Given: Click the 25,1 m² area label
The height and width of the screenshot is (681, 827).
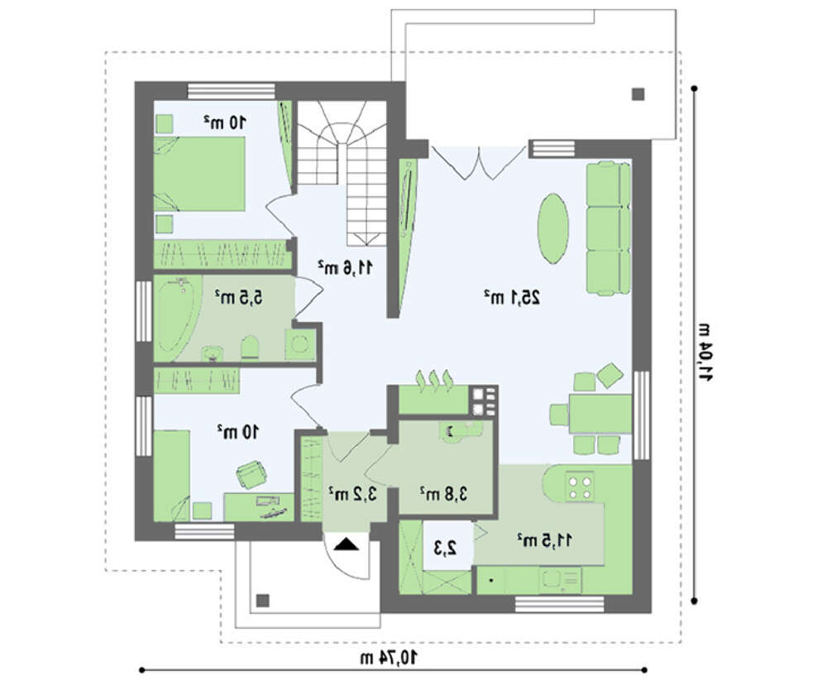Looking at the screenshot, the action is tap(512, 298).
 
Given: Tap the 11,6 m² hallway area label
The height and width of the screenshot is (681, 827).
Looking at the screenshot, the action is tap(345, 267).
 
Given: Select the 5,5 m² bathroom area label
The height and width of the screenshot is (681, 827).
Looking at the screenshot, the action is tap(238, 297).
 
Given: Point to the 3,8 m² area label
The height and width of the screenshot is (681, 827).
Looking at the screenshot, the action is tap(443, 494).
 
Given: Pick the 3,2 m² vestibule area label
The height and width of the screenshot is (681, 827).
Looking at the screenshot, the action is tap(352, 494).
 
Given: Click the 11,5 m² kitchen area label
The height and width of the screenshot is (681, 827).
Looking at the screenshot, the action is tap(545, 540).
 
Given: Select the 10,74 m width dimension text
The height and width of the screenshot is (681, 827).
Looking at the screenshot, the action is tap(389, 657).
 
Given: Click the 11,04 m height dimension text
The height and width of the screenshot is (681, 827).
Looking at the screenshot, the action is tap(705, 352).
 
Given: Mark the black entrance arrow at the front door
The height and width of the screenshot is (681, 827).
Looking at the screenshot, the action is tap(346, 544).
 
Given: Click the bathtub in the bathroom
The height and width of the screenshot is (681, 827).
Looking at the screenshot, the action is tap(176, 316).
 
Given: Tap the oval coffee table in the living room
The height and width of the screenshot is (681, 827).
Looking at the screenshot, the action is tap(552, 228).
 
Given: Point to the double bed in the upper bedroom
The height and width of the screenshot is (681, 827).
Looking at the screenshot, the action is tap(199, 174).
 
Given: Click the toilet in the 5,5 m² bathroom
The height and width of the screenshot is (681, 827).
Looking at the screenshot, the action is tap(250, 348).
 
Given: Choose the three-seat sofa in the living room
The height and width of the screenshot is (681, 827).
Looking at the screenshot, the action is tap(609, 228).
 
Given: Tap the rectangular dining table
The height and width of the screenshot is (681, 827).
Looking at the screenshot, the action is tap(600, 414).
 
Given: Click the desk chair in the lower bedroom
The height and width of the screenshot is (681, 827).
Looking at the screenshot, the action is tap(251, 474).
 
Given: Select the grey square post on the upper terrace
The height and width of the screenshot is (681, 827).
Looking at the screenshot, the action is tap(638, 94).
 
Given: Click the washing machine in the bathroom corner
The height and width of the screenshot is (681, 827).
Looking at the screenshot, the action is tap(299, 344).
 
